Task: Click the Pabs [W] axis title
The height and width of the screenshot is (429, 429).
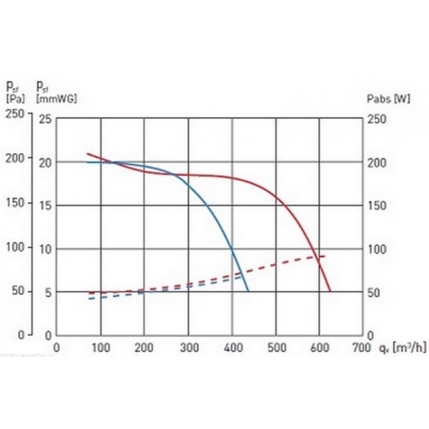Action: (x=388, y=99)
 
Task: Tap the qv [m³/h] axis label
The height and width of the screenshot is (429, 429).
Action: (x=402, y=347)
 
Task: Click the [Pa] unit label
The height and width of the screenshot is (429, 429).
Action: (x=15, y=98)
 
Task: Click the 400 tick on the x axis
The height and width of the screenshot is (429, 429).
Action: (x=232, y=347)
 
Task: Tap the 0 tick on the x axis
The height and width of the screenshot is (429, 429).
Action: (x=56, y=347)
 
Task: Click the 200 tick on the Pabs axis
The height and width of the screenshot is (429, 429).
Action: (x=377, y=163)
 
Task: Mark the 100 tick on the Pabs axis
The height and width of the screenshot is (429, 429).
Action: (x=377, y=250)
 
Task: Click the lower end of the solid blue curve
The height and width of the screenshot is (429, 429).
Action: (x=248, y=291)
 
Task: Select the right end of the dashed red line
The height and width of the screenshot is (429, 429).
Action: (x=325, y=256)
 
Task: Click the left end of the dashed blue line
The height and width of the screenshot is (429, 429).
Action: (x=89, y=298)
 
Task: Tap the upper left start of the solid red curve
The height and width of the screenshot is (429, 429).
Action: (x=88, y=154)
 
